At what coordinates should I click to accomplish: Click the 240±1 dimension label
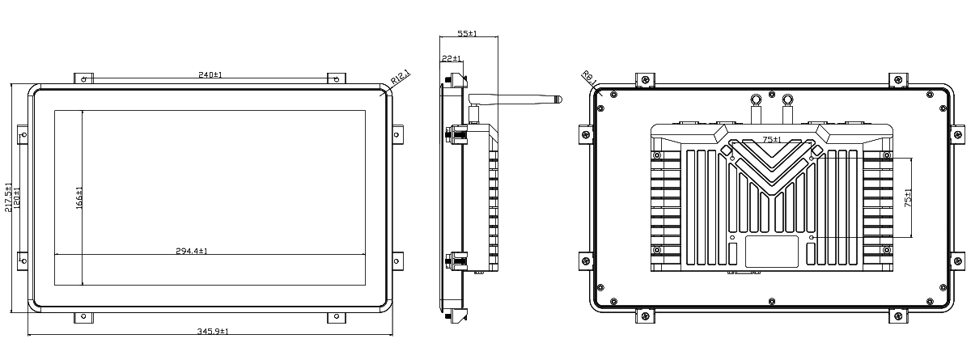click(210, 74)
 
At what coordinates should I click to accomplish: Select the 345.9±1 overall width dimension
click(213, 332)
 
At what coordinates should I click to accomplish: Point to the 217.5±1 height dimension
click(8, 197)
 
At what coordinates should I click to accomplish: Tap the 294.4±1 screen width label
click(192, 251)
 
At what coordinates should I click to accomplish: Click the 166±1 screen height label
click(79, 198)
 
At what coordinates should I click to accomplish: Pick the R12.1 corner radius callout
click(400, 78)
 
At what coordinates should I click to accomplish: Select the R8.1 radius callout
click(590, 78)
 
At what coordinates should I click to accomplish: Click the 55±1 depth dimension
click(468, 33)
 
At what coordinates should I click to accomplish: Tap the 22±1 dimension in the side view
click(452, 58)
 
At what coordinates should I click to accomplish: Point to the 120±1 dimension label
click(16, 197)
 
